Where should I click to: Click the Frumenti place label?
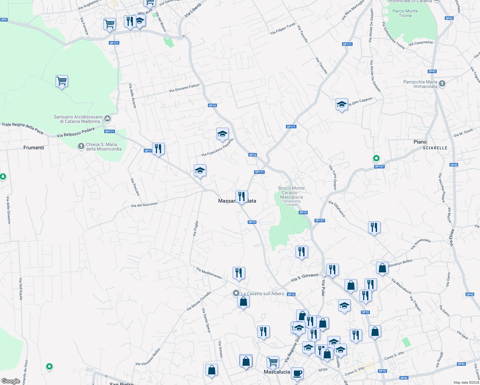pyautogui.click(x=34, y=148)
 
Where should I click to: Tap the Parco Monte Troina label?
pyautogui.click(x=405, y=13)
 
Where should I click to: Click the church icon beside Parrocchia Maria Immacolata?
pyautogui.click(x=442, y=84)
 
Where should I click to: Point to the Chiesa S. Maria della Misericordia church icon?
pyautogui.click(x=81, y=146)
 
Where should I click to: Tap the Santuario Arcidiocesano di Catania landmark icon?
pyautogui.click(x=107, y=119)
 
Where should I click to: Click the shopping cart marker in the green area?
pyautogui.click(x=62, y=81)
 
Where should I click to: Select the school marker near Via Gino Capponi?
pyautogui.click(x=342, y=105)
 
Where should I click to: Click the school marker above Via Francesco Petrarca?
pyautogui.click(x=222, y=134)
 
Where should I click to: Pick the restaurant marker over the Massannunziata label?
pyautogui.click(x=242, y=196)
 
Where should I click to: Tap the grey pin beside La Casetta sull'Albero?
pyautogui.click(x=236, y=293)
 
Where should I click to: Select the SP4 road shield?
pyautogui.click(x=4, y=20)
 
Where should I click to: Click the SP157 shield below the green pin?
pyautogui.click(x=379, y=167)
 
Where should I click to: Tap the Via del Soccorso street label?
pyautogui.click(x=144, y=205)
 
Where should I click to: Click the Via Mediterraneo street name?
pyautogui.click(x=209, y=273)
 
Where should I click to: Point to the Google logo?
pyautogui.click(x=11, y=381)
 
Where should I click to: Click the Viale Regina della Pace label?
pyautogui.click(x=23, y=128)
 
